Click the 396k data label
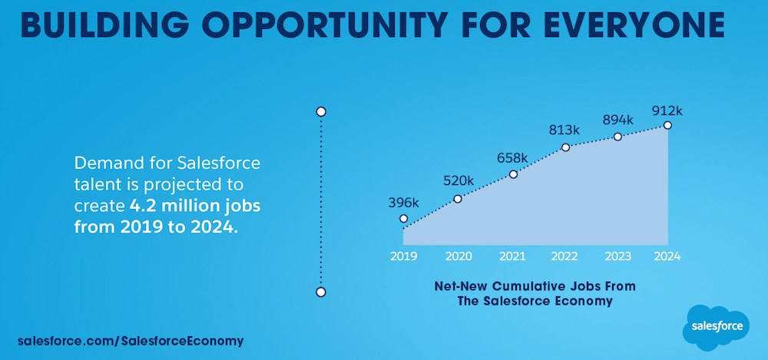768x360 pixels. click(x=403, y=203)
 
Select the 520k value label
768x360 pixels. click(x=458, y=181)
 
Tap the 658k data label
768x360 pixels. click(x=512, y=157)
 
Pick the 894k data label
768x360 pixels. click(x=617, y=120)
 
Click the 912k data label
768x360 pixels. click(x=667, y=110)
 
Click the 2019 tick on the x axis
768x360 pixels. click(x=404, y=256)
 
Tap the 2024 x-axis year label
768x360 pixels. click(x=666, y=256)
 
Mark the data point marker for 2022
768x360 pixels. click(x=566, y=147)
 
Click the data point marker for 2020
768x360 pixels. click(x=458, y=199)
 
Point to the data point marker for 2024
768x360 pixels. click(x=667, y=125)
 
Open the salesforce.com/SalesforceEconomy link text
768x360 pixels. click(x=131, y=340)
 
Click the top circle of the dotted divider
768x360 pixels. click(x=321, y=111)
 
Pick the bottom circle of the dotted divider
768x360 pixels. click(x=321, y=292)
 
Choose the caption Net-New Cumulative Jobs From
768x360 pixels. click(x=535, y=286)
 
